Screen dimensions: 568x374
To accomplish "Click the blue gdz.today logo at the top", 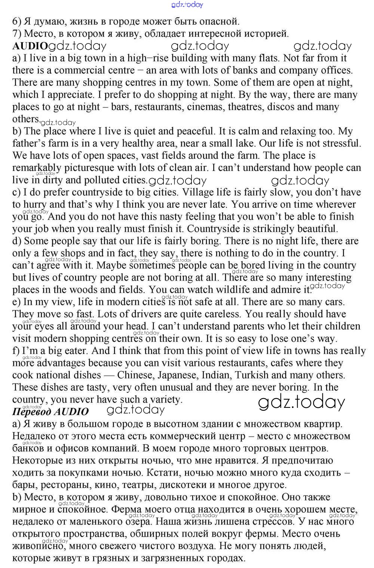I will pos(187,4).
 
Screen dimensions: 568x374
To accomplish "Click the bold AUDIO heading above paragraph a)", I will pos(30,46).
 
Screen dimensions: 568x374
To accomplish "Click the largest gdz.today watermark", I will pos(301,402).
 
